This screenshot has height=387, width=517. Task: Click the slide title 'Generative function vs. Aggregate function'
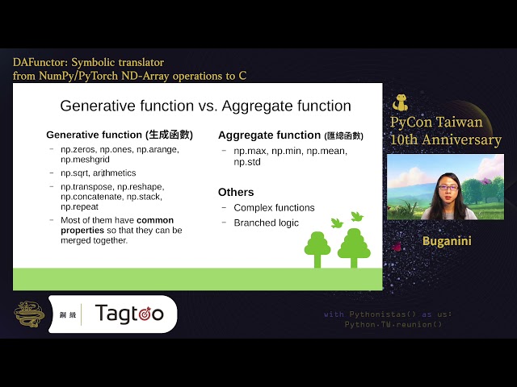point(205,106)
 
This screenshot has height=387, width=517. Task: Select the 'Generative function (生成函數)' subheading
point(119,135)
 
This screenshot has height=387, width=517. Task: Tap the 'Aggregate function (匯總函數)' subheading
point(290,135)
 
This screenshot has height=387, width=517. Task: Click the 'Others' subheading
point(236,192)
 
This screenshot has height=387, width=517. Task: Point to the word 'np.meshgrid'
point(86,160)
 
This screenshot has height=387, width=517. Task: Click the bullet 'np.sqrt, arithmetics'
point(98,173)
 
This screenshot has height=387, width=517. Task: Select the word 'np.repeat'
point(81,206)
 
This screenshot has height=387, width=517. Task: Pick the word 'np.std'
point(247,162)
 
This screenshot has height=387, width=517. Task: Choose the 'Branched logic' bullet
point(266,223)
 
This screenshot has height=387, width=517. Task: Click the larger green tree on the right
point(354,247)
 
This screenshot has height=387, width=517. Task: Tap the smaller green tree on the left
point(317,248)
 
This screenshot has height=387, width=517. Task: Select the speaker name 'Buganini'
point(446,241)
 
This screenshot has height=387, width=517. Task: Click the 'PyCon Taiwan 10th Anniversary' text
point(445,131)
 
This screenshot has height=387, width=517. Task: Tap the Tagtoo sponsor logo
point(129,313)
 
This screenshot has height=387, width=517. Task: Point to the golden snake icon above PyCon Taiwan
point(400,103)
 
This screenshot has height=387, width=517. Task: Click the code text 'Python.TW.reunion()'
point(394,324)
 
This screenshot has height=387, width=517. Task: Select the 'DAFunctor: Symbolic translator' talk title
point(89,62)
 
